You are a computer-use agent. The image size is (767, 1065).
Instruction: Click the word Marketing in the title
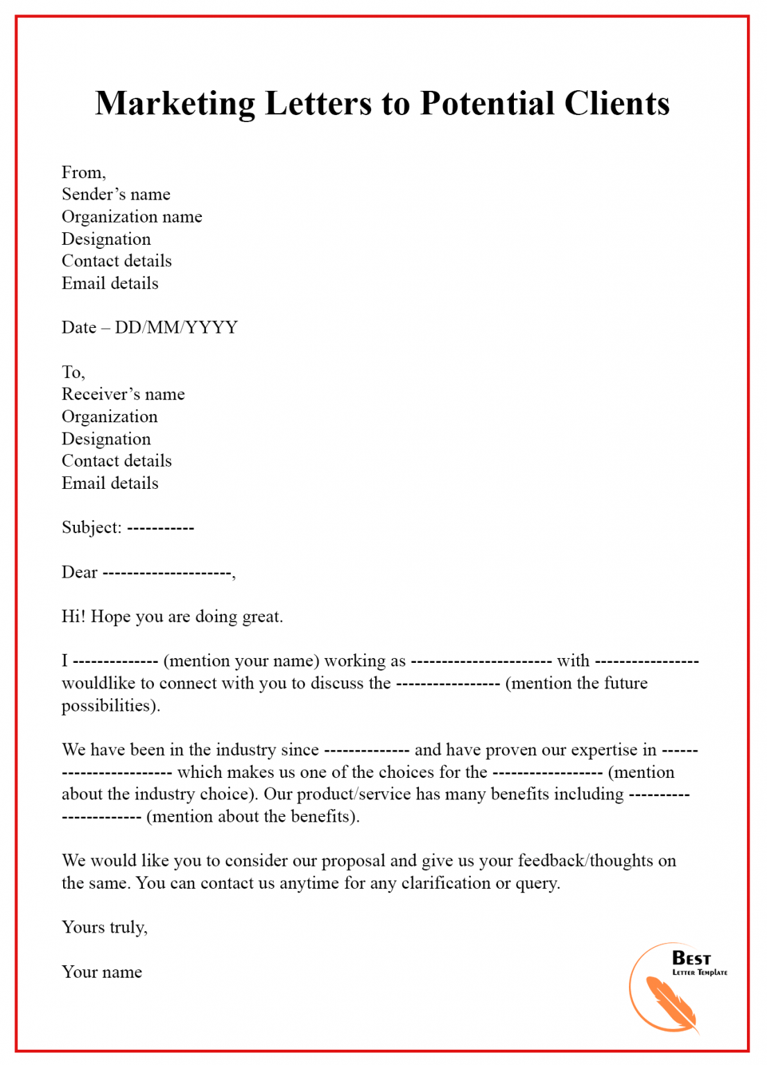[175, 104]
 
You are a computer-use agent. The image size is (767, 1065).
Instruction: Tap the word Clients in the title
[617, 104]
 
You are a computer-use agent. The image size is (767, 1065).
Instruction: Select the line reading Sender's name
[116, 194]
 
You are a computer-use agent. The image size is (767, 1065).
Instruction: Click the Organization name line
[132, 217]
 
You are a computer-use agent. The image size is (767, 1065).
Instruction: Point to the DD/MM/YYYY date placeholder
[176, 327]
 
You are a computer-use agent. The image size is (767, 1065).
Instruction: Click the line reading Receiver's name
[123, 395]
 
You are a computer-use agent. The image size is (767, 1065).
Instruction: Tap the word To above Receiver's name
[72, 372]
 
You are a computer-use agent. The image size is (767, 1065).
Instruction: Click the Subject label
[91, 528]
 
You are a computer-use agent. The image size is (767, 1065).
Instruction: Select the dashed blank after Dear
[166, 573]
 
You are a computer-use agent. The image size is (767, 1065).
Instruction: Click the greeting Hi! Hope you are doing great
[172, 616]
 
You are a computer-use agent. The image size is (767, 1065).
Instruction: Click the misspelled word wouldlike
[98, 683]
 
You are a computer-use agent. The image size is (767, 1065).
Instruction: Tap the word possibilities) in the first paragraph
[110, 706]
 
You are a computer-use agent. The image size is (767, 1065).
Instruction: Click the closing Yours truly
[104, 928]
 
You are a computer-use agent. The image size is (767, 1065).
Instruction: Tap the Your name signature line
[101, 972]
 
